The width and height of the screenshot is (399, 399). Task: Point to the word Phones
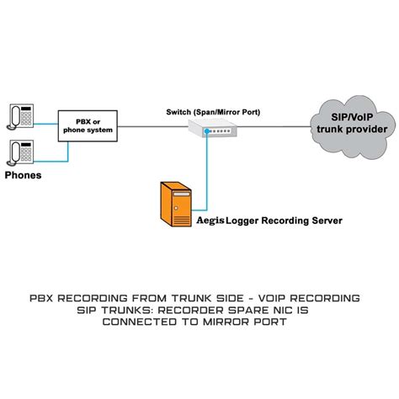24,176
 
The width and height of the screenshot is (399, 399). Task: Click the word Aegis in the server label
210,222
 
